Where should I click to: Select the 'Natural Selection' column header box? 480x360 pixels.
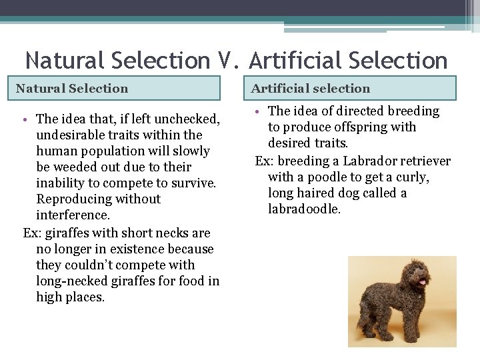[117, 88]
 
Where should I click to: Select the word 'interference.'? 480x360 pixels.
[73, 215]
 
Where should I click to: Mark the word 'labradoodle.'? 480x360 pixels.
[304, 209]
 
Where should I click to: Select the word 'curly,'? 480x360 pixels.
[411, 177]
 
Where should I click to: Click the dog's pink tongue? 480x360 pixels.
[421, 283]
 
